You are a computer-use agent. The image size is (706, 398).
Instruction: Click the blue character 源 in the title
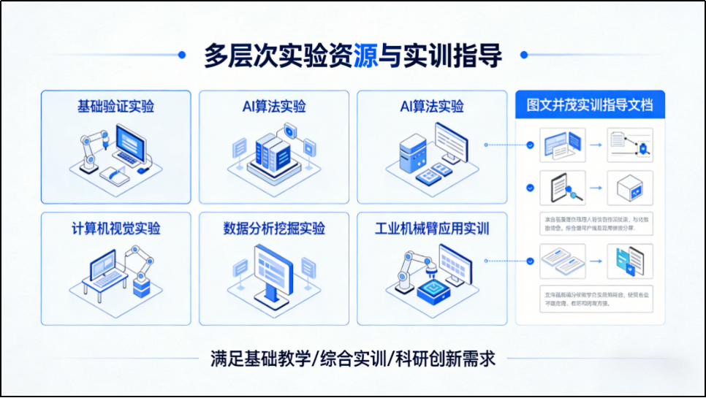pyautogui.click(x=365, y=56)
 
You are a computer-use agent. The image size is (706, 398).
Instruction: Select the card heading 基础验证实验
pyautogui.click(x=115, y=107)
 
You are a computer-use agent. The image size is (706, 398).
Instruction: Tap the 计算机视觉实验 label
pyautogui.click(x=115, y=228)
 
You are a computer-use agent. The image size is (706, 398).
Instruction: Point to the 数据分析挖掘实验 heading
pyautogui.click(x=274, y=228)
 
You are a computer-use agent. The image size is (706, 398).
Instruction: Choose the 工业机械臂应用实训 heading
pyautogui.click(x=432, y=228)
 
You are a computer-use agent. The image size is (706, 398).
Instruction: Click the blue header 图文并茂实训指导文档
pyautogui.click(x=590, y=105)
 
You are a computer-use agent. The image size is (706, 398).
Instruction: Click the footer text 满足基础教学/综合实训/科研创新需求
pyautogui.click(x=352, y=359)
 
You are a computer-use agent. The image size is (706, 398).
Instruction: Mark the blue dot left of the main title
pyautogui.click(x=181, y=54)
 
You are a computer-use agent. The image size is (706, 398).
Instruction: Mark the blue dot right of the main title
pyautogui.click(x=524, y=54)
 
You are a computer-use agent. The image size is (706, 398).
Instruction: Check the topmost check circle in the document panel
pyautogui.click(x=530, y=145)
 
